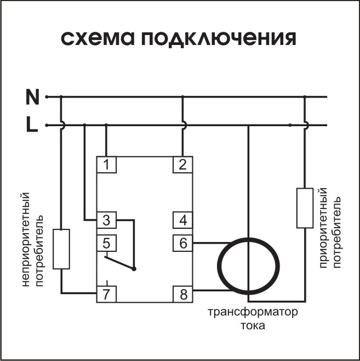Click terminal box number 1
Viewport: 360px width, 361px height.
(x=106, y=164)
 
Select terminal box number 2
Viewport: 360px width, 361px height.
(x=182, y=164)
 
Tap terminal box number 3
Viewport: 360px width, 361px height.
(x=106, y=221)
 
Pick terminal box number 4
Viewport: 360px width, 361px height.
(x=182, y=221)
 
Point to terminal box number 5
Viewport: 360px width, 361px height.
(x=106, y=242)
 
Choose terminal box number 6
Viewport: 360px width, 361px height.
(x=182, y=242)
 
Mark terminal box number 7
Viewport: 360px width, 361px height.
(x=106, y=294)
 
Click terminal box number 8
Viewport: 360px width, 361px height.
(x=182, y=294)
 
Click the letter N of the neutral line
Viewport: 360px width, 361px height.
(x=33, y=97)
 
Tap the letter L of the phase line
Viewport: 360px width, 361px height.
(x=32, y=126)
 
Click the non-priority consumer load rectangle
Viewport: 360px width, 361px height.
(x=61, y=249)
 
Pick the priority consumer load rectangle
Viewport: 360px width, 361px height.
(x=305, y=207)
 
